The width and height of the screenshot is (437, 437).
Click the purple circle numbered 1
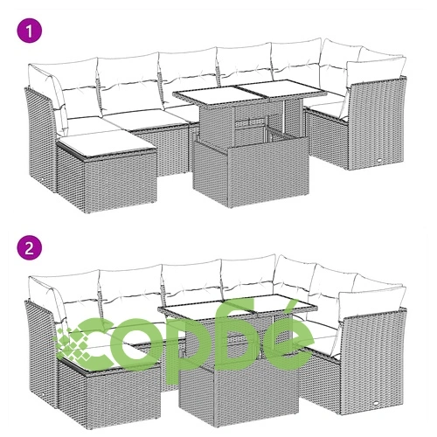(30, 31)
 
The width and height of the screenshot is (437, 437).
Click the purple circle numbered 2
(30, 247)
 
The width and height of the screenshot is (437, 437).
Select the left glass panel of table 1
(209, 95)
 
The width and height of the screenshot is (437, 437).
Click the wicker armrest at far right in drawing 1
(378, 124)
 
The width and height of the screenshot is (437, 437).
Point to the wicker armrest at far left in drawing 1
(40, 138)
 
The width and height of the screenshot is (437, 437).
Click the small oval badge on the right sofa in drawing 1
(380, 160)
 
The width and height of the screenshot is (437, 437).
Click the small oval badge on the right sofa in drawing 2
(377, 403)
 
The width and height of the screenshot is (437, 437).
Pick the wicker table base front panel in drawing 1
(268, 174)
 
